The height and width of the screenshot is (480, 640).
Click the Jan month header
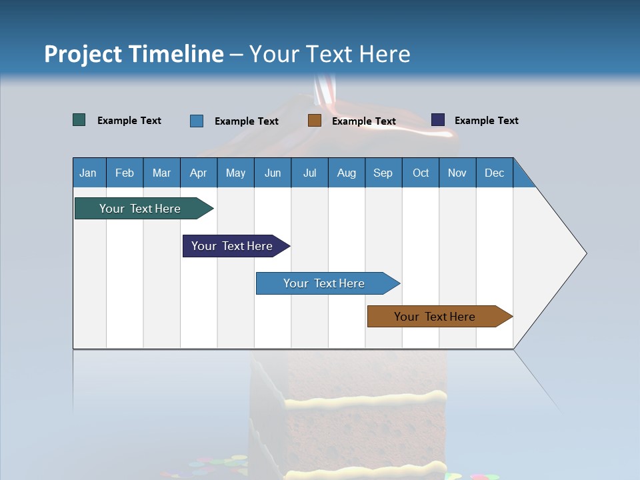coord(89,173)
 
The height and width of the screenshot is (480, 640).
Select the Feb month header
coord(125,173)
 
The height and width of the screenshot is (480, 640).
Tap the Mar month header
coord(161,173)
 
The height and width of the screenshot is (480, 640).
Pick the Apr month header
coord(199,173)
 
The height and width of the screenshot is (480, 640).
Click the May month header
coord(235,173)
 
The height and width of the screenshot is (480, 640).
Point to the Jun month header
coord(273,173)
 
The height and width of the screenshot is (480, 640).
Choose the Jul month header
coord(309,173)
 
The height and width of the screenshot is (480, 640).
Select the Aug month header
coord(347,173)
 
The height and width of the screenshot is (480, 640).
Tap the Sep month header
coord(383,173)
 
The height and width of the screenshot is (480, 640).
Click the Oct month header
coord(421,173)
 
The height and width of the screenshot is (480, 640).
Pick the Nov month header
coord(457,173)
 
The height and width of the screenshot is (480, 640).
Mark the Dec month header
coord(495,173)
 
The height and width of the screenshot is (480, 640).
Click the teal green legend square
coord(79,120)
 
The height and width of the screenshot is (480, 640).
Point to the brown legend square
coord(315,121)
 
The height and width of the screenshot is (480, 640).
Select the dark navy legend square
coord(438,120)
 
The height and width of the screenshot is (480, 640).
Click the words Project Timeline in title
coord(134,54)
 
